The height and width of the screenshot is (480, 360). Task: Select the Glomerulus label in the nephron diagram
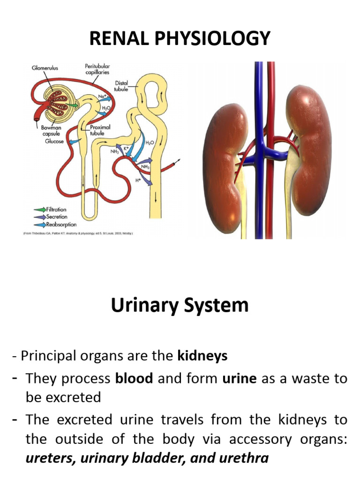[x=45, y=67]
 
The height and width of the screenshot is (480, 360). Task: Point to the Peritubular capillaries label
[x=97, y=69]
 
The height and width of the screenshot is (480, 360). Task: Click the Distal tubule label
[x=121, y=86]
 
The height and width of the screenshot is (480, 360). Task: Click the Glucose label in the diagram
[x=54, y=141]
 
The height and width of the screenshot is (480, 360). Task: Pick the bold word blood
[x=135, y=378]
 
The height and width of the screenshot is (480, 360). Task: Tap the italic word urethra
[x=247, y=457]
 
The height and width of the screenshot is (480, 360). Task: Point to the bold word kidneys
[x=202, y=356]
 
